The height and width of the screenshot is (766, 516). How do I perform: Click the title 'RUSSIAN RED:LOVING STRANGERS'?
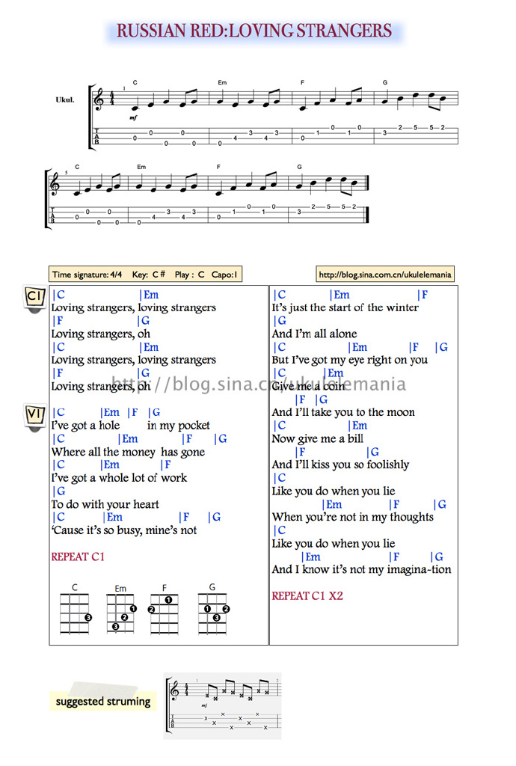coord(254,31)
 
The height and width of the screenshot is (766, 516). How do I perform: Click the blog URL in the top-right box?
coord(385,275)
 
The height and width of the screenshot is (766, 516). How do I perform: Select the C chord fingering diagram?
coord(76,612)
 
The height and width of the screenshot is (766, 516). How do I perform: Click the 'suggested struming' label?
coord(103,702)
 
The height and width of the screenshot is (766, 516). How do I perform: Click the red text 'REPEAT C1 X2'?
coord(307,596)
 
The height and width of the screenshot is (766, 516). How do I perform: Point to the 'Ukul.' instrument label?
coord(65,99)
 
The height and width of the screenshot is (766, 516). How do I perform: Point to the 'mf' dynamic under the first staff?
coord(133,117)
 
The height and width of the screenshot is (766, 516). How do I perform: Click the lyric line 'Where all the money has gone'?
coord(128,452)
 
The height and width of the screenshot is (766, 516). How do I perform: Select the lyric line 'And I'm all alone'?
coord(314,334)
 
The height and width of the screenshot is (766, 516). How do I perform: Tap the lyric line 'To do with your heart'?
coord(105,504)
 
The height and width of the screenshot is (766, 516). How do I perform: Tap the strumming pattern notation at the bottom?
coord(223,705)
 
